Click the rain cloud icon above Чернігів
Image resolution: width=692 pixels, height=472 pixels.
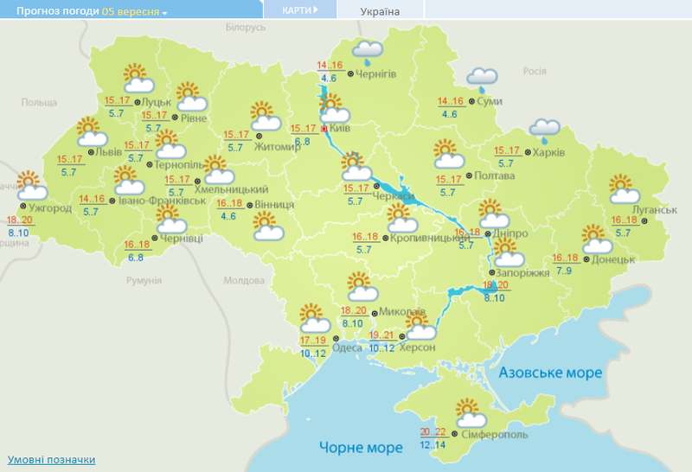pyautogui.click(x=369, y=53)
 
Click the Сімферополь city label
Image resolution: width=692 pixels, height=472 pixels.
pyautogui.click(x=494, y=434)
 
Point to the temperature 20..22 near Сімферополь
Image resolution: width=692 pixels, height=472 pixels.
pyautogui.click(x=433, y=432)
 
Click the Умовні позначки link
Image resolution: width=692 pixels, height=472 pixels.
pyautogui.click(x=51, y=460)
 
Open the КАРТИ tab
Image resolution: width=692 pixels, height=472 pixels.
pyautogui.click(x=299, y=10)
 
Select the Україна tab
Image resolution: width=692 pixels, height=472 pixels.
pyautogui.click(x=381, y=11)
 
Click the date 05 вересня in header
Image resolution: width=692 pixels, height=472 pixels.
pyautogui.click(x=131, y=11)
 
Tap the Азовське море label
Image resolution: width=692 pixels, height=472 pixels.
pyautogui.click(x=549, y=372)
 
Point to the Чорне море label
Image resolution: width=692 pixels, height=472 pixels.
pyautogui.click(x=361, y=448)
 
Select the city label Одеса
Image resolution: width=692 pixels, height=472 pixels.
pyautogui.click(x=347, y=348)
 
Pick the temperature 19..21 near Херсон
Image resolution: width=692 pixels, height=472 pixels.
pyautogui.click(x=381, y=335)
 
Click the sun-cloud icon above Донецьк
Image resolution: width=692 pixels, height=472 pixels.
pyautogui.click(x=595, y=237)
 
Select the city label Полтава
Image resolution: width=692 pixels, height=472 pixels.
pyautogui.click(x=494, y=175)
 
